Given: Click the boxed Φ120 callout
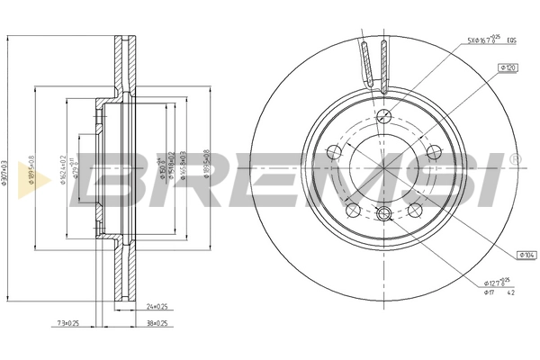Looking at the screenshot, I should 507,67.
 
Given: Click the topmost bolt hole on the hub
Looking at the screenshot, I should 384,114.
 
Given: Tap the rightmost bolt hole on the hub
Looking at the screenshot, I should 433,151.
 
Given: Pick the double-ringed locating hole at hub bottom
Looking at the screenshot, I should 384,213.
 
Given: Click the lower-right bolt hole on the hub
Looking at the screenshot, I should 415,209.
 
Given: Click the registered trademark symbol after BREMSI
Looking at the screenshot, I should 515,158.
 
